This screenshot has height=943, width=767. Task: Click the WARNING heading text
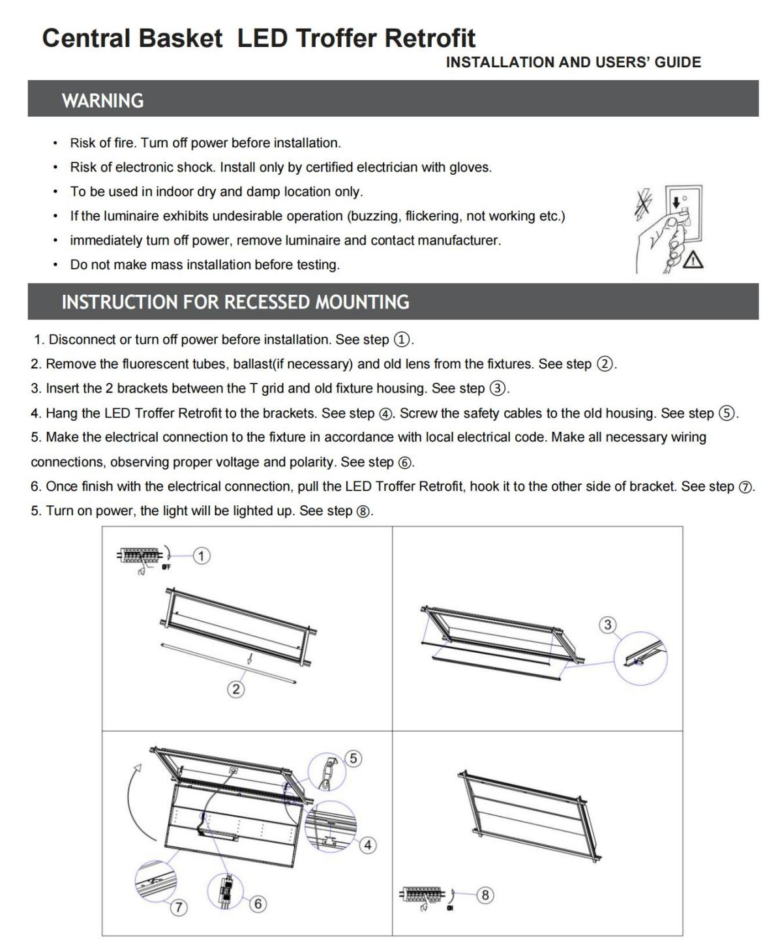(x=102, y=100)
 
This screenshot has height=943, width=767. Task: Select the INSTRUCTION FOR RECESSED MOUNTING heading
(x=235, y=302)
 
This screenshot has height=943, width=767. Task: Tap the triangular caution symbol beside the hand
(x=693, y=260)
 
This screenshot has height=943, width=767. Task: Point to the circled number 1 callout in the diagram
(x=202, y=556)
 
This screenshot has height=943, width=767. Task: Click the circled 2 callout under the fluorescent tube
(x=236, y=689)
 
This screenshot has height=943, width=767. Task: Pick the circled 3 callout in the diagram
(x=608, y=625)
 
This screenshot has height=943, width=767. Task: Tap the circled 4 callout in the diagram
(x=368, y=845)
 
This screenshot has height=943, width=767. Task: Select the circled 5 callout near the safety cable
(x=353, y=758)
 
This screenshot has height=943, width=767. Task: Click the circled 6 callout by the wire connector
(x=258, y=903)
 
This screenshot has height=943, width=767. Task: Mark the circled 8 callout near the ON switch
(x=485, y=895)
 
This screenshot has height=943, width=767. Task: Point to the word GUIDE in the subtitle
(x=678, y=63)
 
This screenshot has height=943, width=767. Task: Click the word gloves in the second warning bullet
(x=469, y=168)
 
